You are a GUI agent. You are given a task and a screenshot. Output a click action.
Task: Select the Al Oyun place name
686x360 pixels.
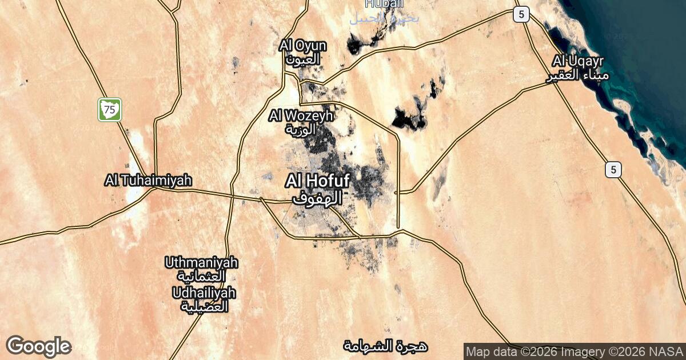coord(303,46)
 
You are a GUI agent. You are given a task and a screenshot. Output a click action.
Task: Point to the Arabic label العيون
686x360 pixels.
coord(303,58)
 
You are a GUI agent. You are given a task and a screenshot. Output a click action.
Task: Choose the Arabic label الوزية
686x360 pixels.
coord(301,129)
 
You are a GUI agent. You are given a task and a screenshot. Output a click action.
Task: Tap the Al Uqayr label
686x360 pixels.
coord(579,61)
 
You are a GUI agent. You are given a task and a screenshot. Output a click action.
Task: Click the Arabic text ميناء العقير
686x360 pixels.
coord(579,75)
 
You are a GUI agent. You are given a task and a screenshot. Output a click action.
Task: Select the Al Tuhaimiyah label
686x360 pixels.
coord(148,181)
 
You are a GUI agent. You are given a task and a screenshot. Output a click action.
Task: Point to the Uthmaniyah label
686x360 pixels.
coord(201,263)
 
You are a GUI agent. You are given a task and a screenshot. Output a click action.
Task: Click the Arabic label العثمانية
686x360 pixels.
coord(201,277)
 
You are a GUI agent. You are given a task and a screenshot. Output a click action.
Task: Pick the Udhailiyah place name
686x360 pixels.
coord(204,293)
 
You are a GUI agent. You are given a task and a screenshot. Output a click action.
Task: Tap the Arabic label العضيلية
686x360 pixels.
coord(205,306)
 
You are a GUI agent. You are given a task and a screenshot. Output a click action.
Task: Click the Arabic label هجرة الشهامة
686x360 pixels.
coord(386,346)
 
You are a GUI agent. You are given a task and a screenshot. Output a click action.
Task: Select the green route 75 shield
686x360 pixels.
coord(110,109)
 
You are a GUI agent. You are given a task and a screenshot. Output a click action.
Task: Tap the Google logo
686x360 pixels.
coord(39,347)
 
